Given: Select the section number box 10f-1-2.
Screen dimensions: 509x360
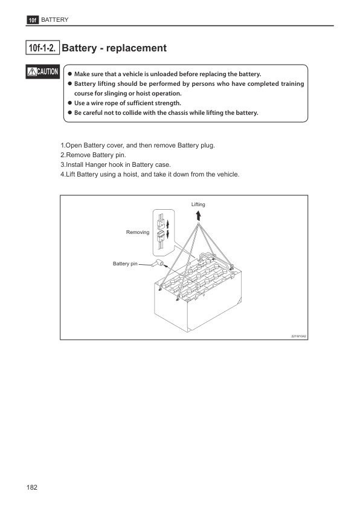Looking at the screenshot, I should point(42,48).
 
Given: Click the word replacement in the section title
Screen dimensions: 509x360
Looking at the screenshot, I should point(137,48).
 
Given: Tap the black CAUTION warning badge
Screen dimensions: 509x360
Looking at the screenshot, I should point(42,73).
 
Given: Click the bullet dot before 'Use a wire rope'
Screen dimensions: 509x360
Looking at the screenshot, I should point(69,103).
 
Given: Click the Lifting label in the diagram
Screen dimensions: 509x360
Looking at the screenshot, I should point(198,204).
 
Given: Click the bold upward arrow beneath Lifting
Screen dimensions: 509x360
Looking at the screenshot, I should point(199,215).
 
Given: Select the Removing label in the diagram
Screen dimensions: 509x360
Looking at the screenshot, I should point(137,232).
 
